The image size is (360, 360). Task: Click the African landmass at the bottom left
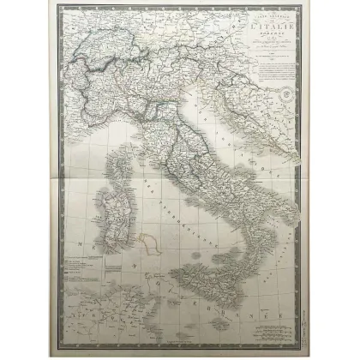pyautogui.click(x=94, y=330)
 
